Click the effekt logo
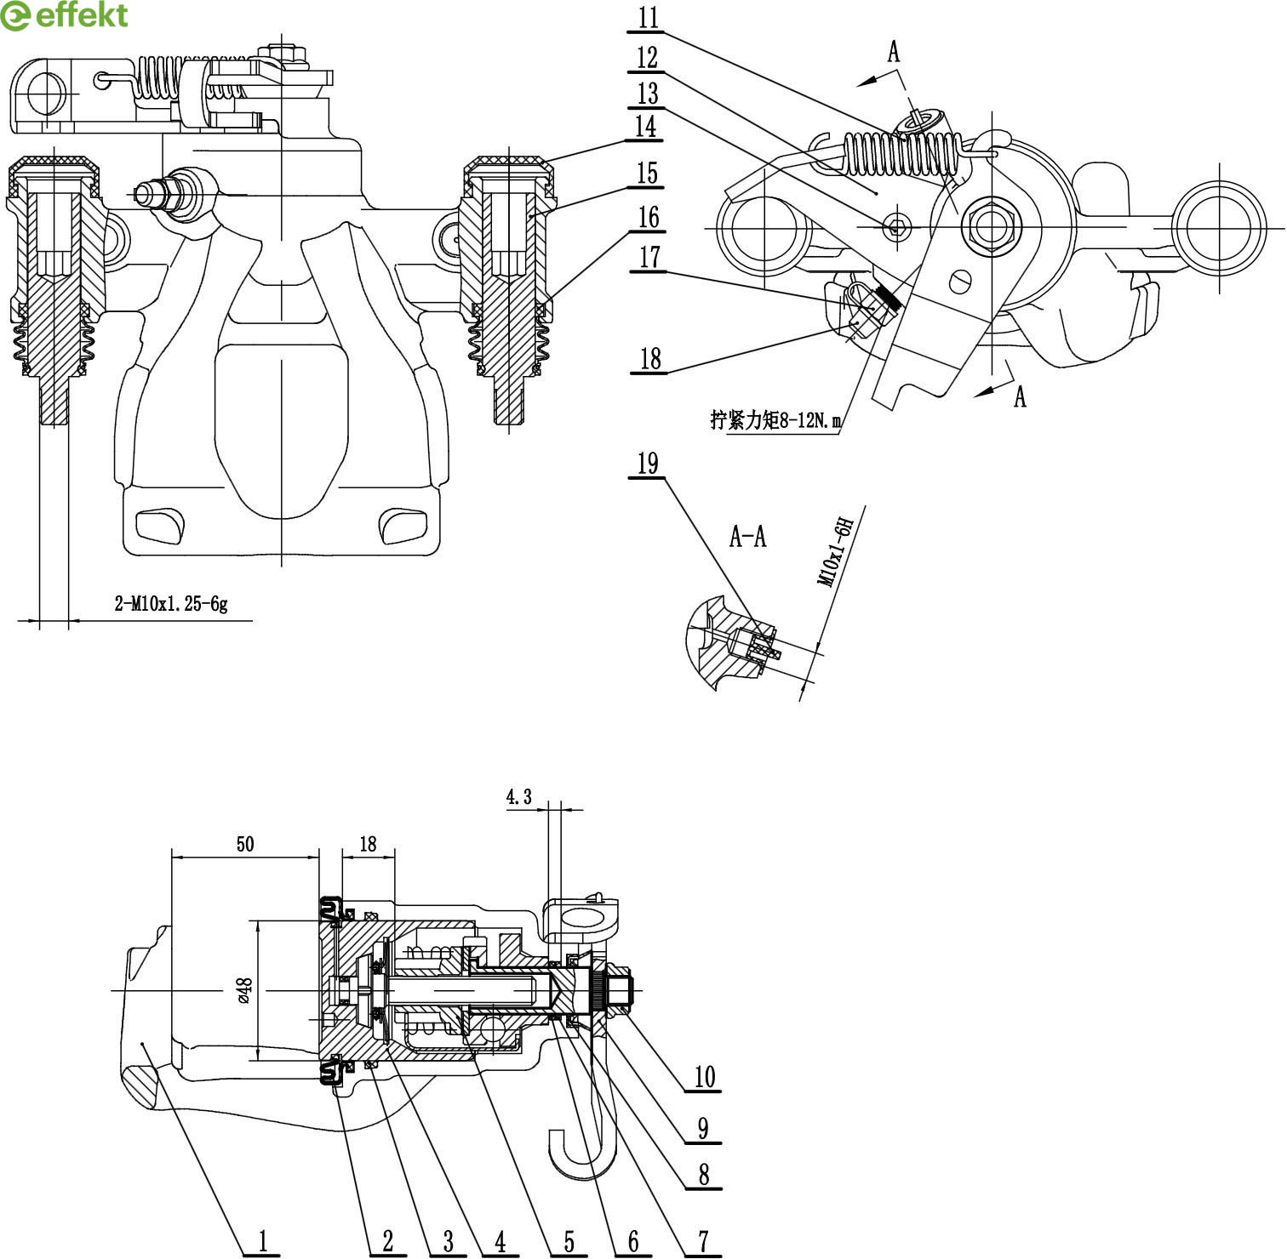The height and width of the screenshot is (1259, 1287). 65,15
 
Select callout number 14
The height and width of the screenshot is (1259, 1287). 647,126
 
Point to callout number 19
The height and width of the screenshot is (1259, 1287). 648,464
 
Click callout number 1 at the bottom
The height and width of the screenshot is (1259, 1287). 263,1241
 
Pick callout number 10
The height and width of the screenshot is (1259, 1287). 705,1077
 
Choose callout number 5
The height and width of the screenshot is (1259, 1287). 569,1241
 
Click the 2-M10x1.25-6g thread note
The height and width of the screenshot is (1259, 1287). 171,604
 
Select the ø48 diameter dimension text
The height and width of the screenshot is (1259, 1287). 244,990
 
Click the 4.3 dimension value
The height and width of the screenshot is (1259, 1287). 518,797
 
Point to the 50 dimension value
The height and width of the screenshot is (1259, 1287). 245,844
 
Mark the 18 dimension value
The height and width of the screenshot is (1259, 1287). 368,844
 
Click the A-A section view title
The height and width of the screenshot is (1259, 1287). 748,537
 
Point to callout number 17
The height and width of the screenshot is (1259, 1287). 649,257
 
